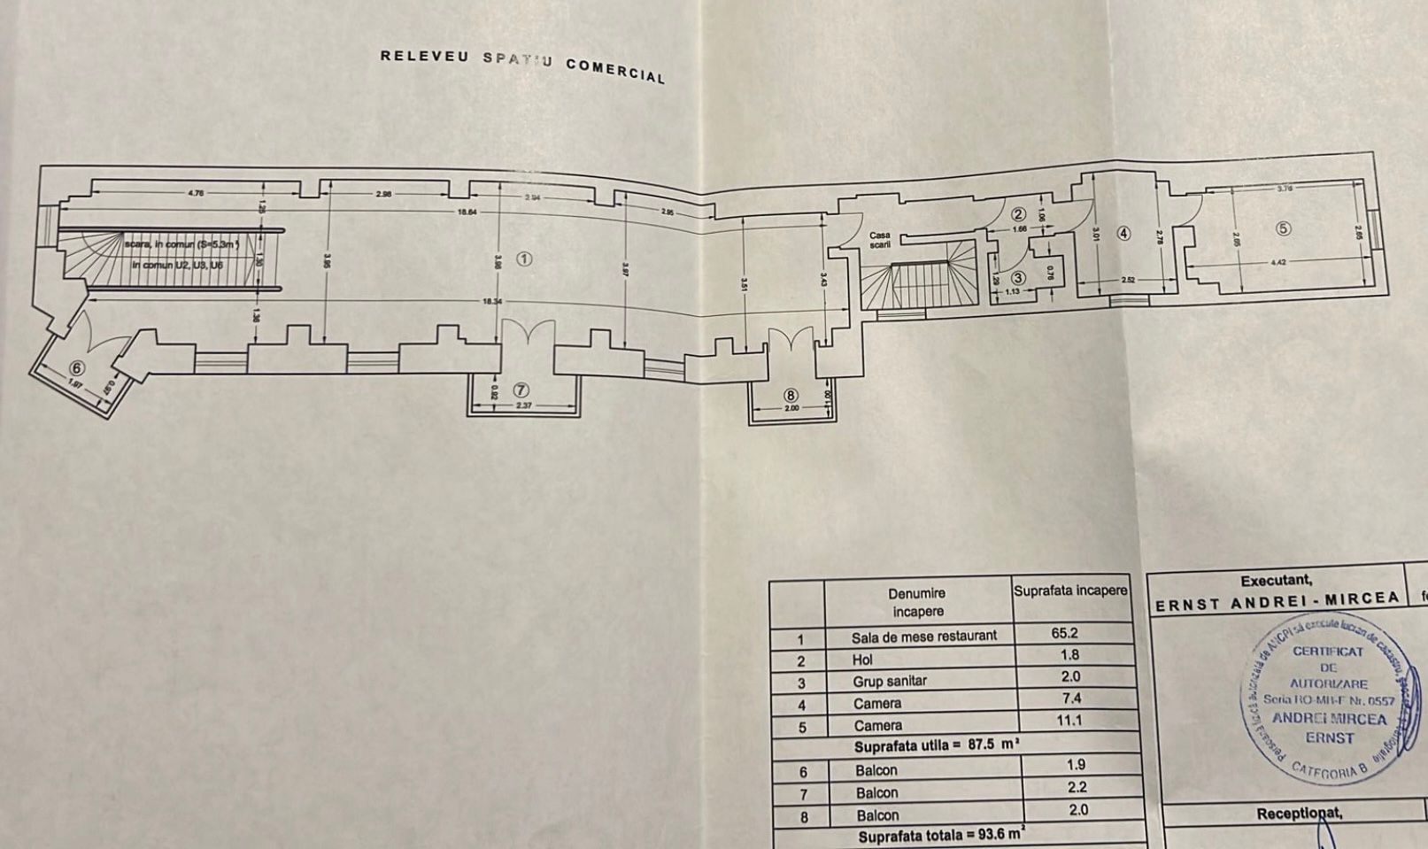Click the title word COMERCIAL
click(615, 70)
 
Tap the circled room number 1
click(524, 259)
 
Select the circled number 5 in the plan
click(1284, 228)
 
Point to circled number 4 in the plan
click(1123, 234)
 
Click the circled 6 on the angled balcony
click(76, 367)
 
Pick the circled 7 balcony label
click(521, 390)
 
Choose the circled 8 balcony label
click(791, 395)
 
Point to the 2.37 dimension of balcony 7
click(523, 405)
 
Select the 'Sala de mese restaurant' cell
click(923, 637)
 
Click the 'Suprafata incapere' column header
click(1071, 590)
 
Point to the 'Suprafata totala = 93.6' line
click(941, 835)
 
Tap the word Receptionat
click(1299, 814)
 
